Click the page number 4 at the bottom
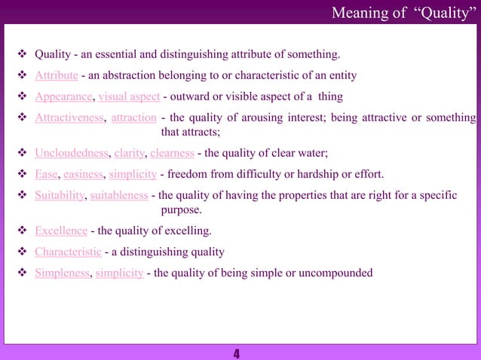237,353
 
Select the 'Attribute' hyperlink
57,75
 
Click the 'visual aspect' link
129,96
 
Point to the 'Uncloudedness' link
72,154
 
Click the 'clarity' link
130,154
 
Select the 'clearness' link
173,154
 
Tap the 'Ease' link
47,175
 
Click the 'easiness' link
84,175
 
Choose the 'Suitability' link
61,196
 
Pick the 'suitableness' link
119,196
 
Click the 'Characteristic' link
68,252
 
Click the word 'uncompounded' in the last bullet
338,273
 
